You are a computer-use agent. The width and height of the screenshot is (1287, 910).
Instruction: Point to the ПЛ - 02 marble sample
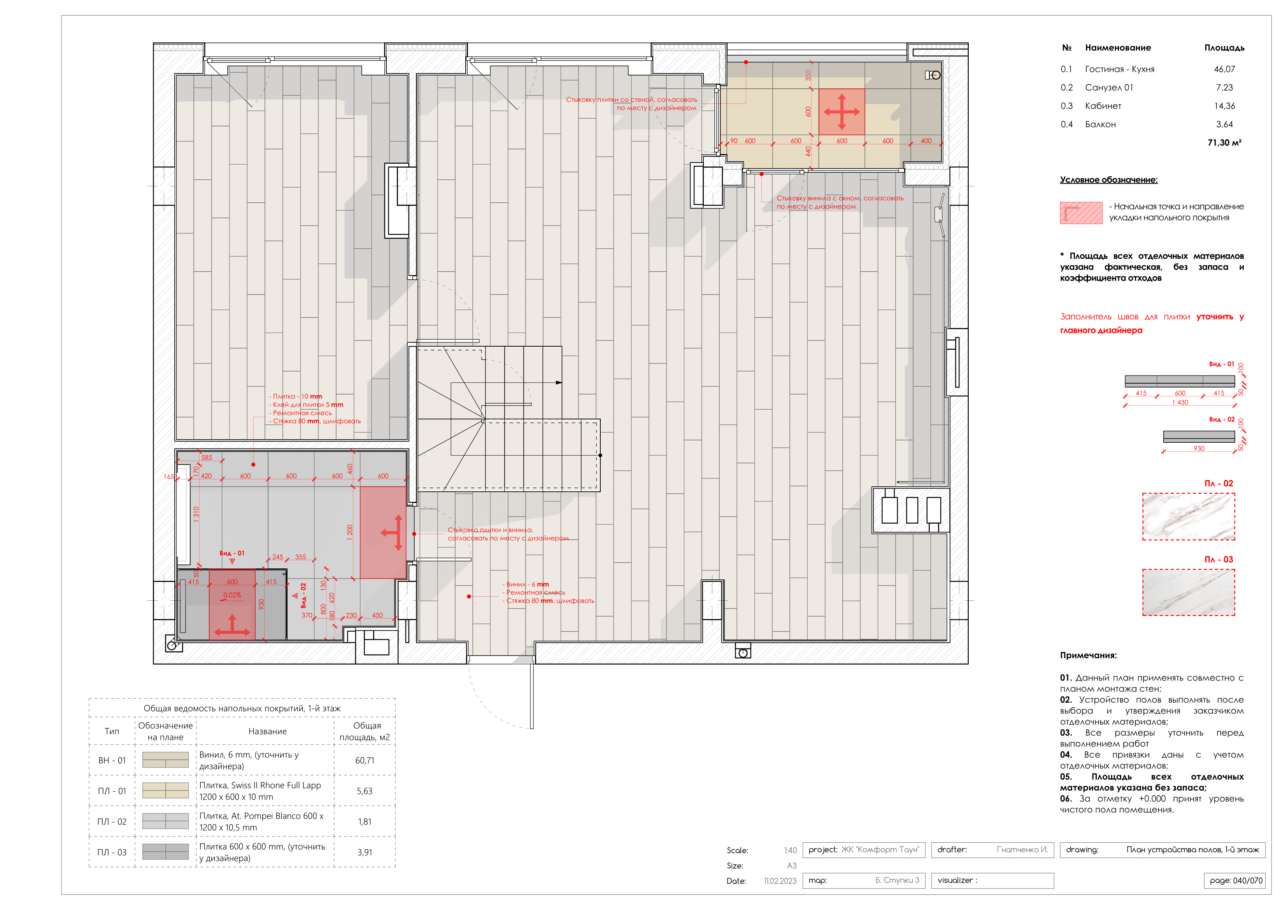coord(1188,516)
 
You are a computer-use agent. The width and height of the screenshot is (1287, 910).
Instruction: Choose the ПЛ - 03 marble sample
coord(1188,593)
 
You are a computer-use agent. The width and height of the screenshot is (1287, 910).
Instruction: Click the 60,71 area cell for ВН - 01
coord(364,760)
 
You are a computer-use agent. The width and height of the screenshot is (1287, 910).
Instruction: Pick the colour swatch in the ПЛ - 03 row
coord(165,852)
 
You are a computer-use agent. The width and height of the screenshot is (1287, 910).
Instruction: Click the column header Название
coord(267,731)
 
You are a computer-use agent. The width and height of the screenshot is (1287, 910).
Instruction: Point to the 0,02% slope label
coord(232,595)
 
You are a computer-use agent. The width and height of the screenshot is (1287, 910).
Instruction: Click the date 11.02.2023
coord(779,881)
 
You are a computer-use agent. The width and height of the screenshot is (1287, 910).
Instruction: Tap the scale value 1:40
coord(790,850)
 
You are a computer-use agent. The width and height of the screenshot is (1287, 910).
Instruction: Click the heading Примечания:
coord(1087,655)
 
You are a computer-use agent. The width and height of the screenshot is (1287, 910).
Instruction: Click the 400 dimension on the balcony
coord(926,141)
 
